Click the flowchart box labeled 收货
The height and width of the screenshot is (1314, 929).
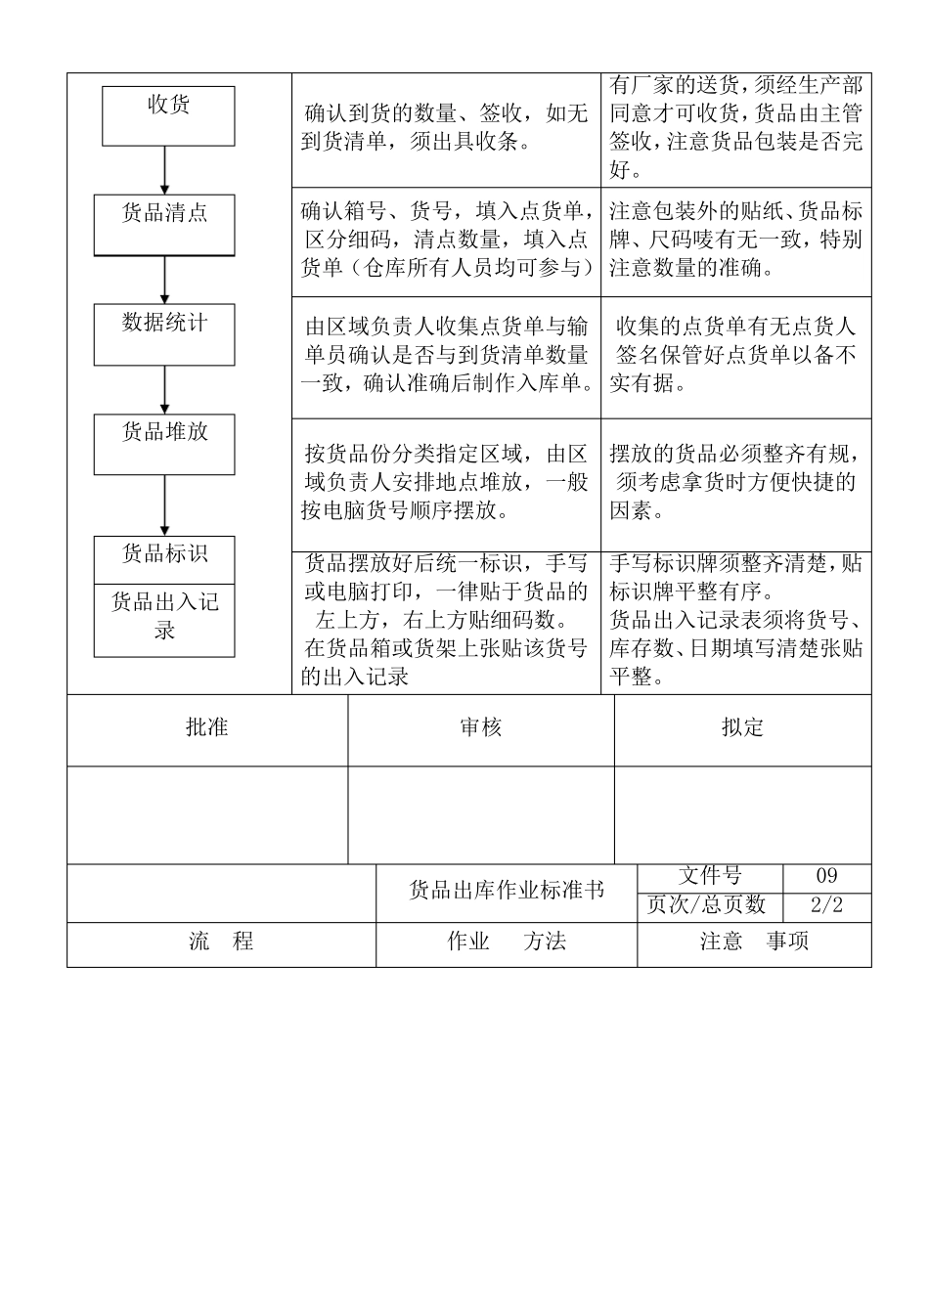coord(168,115)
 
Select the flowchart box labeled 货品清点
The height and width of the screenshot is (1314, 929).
coord(164,224)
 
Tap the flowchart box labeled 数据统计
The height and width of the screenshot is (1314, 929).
coord(164,333)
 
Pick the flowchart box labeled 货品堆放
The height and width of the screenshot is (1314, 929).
coord(164,444)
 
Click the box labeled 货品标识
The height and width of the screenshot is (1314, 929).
coord(164,559)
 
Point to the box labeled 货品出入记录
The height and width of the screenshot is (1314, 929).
coord(164,620)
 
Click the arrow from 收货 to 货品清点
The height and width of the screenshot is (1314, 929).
coord(165,170)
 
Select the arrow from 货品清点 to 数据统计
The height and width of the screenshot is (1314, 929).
coord(164,280)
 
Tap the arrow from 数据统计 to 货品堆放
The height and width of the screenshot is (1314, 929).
coord(164,389)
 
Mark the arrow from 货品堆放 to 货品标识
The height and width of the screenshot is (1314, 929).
coord(164,504)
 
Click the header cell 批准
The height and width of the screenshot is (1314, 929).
coord(207,728)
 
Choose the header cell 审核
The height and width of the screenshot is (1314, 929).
coord(480,728)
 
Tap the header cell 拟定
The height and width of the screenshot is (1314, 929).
coord(742,728)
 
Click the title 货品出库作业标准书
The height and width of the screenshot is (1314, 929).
coord(507,891)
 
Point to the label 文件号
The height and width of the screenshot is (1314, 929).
coord(709,876)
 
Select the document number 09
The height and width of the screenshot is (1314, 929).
coord(826,876)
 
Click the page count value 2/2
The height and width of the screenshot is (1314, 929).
coord(826,905)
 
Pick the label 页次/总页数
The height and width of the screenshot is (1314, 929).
coord(709,905)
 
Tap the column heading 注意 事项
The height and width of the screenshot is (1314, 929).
coord(754,942)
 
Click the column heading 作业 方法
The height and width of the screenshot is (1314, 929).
coord(507,942)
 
